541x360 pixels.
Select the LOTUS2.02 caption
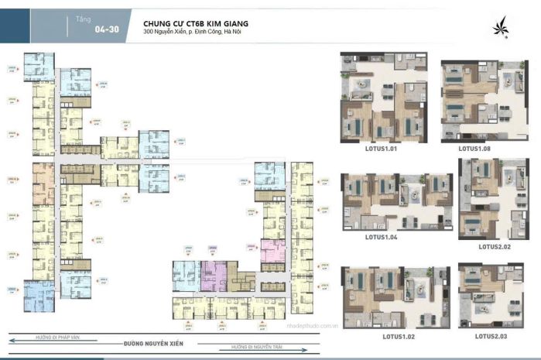[x=497, y=247]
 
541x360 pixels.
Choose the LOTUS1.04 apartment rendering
[x=396, y=200]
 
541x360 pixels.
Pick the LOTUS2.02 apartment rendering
[x=494, y=199]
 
